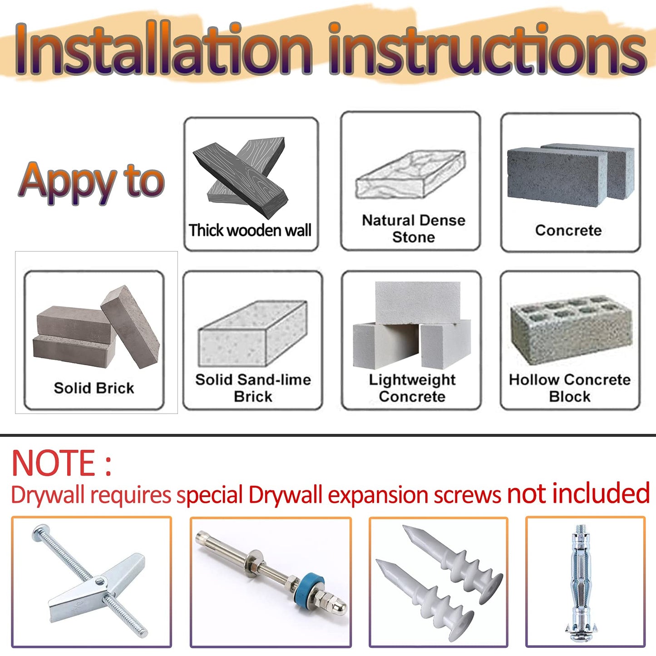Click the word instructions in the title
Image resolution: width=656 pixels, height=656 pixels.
point(487,48)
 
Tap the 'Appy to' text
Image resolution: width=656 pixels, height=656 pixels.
point(91,182)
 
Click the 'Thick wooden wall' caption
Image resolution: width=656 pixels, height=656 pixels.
point(250,230)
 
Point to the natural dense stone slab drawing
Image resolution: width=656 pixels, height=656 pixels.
point(410,174)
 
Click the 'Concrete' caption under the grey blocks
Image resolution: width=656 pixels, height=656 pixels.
point(568,230)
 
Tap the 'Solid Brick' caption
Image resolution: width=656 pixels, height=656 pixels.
point(94,388)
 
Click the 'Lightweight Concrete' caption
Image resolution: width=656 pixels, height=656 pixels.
point(412,388)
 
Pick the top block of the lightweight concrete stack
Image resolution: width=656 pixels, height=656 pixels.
point(418,303)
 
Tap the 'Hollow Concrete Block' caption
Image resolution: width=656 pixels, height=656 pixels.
point(570,388)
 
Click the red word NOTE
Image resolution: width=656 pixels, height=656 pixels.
point(54,463)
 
